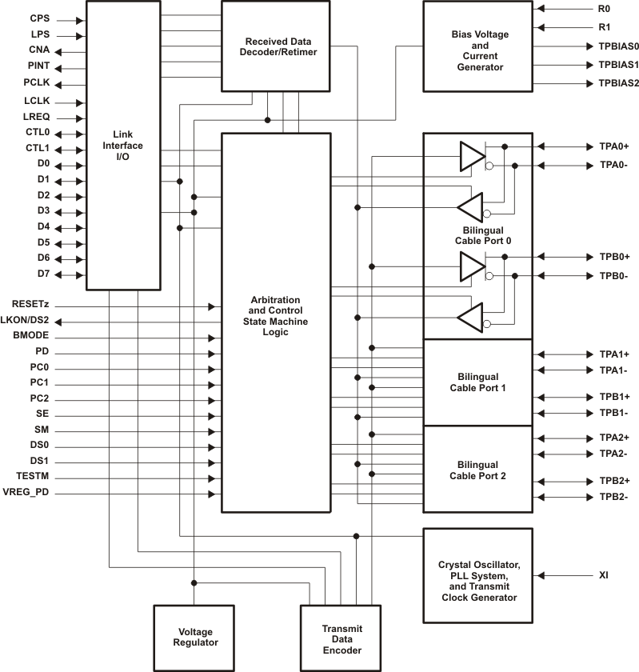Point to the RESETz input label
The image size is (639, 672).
click(32, 304)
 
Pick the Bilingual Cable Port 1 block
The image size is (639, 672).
click(478, 382)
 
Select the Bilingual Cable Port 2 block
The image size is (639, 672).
click(478, 470)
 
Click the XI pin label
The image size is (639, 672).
click(605, 575)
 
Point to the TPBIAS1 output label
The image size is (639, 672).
click(618, 65)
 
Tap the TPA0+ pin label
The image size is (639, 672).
click(614, 147)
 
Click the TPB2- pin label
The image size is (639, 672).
click(613, 497)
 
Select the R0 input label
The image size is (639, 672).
click(605, 10)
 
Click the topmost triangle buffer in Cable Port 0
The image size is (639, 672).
click(471, 157)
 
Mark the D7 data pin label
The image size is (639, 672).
click(43, 274)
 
